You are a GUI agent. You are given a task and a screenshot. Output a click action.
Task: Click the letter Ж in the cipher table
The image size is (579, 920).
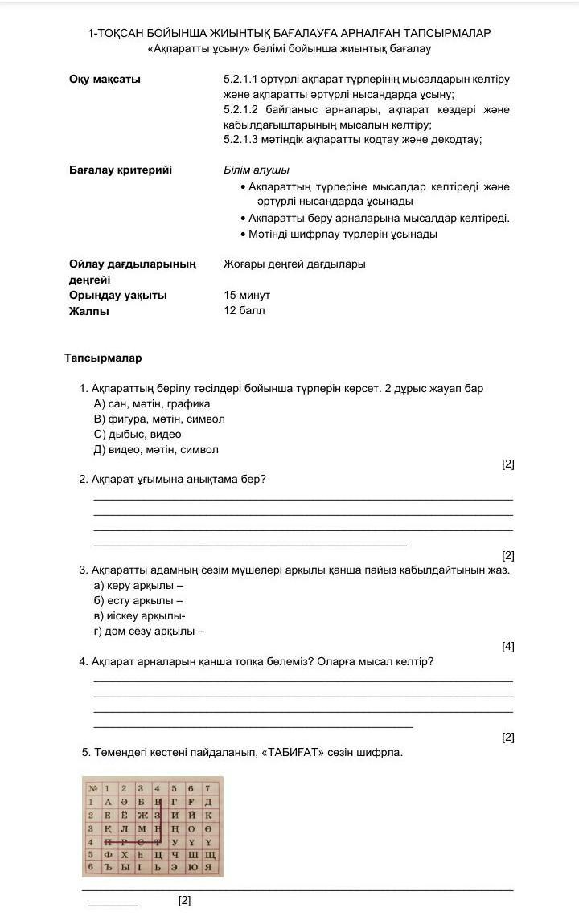click(x=140, y=815)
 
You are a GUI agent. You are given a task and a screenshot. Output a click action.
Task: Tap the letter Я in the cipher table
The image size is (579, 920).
click(x=207, y=867)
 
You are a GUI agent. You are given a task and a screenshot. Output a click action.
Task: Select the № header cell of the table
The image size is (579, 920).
click(x=91, y=788)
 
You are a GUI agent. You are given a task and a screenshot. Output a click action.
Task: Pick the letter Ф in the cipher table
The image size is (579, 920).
click(x=106, y=854)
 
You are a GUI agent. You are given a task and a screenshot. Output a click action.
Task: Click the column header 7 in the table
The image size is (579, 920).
click(x=207, y=788)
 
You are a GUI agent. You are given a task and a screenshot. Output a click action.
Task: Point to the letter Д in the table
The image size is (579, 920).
click(x=207, y=802)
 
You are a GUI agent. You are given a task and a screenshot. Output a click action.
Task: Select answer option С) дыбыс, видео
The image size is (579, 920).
click(x=138, y=434)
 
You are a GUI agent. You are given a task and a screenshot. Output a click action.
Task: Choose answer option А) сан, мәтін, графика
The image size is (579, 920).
click(x=152, y=403)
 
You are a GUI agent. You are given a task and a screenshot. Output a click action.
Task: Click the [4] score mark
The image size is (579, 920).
click(x=507, y=646)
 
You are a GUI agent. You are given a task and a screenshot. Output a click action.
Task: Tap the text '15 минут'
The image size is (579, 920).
click(x=247, y=295)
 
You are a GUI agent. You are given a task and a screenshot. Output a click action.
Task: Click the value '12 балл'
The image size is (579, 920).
click(x=244, y=310)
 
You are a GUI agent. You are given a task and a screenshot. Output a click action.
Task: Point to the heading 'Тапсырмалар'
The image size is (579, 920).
click(x=103, y=358)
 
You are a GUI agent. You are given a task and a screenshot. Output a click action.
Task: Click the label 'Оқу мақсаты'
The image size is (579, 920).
click(x=105, y=80)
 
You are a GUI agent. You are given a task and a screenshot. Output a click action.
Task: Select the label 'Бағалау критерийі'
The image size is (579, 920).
click(x=121, y=170)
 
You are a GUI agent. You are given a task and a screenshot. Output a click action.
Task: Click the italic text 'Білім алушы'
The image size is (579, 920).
click(x=256, y=170)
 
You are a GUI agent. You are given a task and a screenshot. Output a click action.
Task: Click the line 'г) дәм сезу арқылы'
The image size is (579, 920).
click(x=149, y=631)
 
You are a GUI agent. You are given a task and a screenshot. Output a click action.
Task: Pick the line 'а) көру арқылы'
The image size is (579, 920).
click(x=138, y=585)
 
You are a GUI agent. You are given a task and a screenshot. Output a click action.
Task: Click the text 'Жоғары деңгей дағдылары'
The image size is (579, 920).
click(x=294, y=264)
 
